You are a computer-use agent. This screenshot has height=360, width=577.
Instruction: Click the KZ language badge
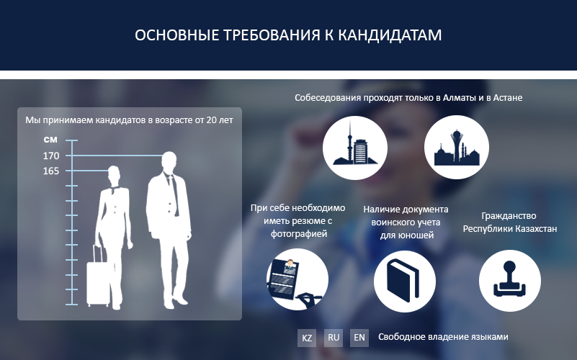pyautogui.click(x=307, y=338)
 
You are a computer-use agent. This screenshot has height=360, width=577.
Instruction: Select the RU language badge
pyautogui.click(x=334, y=338)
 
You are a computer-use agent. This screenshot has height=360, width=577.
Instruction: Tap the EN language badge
pyautogui.click(x=359, y=338)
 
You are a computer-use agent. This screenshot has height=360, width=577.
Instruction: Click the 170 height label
pyautogui.click(x=51, y=156)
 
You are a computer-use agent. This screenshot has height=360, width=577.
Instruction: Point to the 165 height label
pyautogui.click(x=51, y=171)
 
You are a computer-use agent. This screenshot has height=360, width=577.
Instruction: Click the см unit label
pyautogui.click(x=50, y=140)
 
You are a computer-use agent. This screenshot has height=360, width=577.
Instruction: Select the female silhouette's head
pyautogui.click(x=114, y=175)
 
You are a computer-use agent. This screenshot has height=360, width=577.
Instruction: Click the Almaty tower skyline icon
pyautogui.click(x=355, y=148)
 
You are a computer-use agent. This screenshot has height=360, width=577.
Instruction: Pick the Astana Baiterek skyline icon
pyautogui.click(x=457, y=148)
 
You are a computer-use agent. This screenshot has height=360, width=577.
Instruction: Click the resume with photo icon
pyautogui.click(x=298, y=279)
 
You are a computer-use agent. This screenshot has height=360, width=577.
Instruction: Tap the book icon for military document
pyautogui.click(x=405, y=282)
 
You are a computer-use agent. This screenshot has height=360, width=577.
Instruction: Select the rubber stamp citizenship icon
pyautogui.click(x=510, y=281)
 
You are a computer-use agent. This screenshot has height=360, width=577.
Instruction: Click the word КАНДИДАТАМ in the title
pyautogui.click(x=390, y=35)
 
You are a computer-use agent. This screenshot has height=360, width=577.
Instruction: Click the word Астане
pyautogui.click(x=507, y=98)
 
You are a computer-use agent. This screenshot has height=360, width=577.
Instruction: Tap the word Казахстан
pyautogui.click(x=536, y=229)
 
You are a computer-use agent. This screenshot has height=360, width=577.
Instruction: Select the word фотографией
pyautogui.click(x=299, y=234)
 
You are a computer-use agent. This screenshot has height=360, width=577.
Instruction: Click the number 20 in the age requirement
pyautogui.click(x=212, y=120)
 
